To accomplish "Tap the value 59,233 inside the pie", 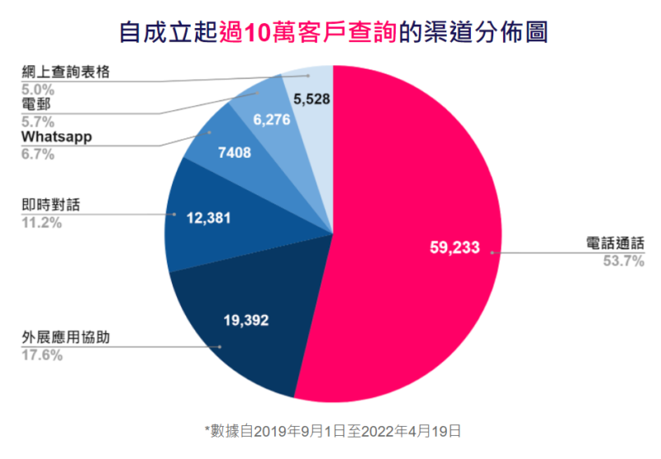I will click(x=454, y=246).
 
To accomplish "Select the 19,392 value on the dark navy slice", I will click(x=245, y=318).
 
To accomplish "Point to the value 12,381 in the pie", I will click(x=209, y=218).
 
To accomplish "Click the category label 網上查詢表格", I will click(x=64, y=73).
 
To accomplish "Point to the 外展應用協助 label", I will click(x=64, y=338).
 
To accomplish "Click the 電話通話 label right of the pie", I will click(x=614, y=245).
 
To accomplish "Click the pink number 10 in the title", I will click(x=259, y=33).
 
